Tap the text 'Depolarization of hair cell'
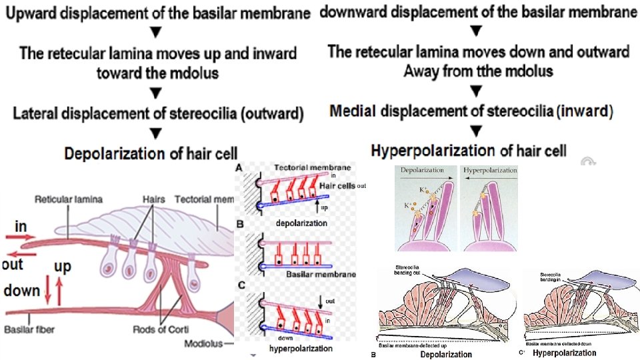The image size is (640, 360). [x=151, y=154]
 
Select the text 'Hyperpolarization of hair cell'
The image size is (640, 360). [x=469, y=151]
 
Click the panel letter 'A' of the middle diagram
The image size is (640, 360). [x=239, y=169]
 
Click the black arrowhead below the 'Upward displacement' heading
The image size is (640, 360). [x=156, y=33]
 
